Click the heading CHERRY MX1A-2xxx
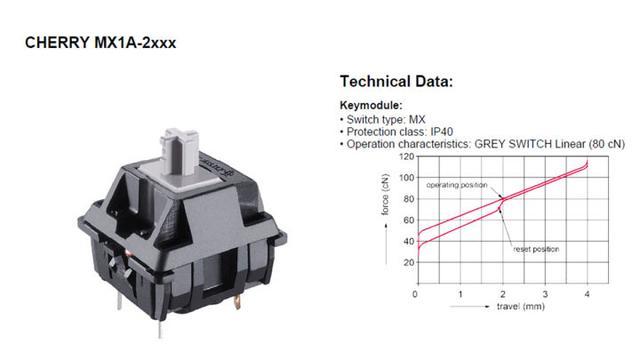click(x=100, y=43)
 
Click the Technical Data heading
click(x=396, y=81)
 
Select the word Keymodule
click(x=371, y=105)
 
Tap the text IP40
click(x=442, y=132)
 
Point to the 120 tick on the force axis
click(x=407, y=157)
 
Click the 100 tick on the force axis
click(x=407, y=178)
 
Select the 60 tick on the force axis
click(x=409, y=220)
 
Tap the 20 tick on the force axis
click(x=409, y=262)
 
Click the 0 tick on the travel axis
click(x=415, y=294)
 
